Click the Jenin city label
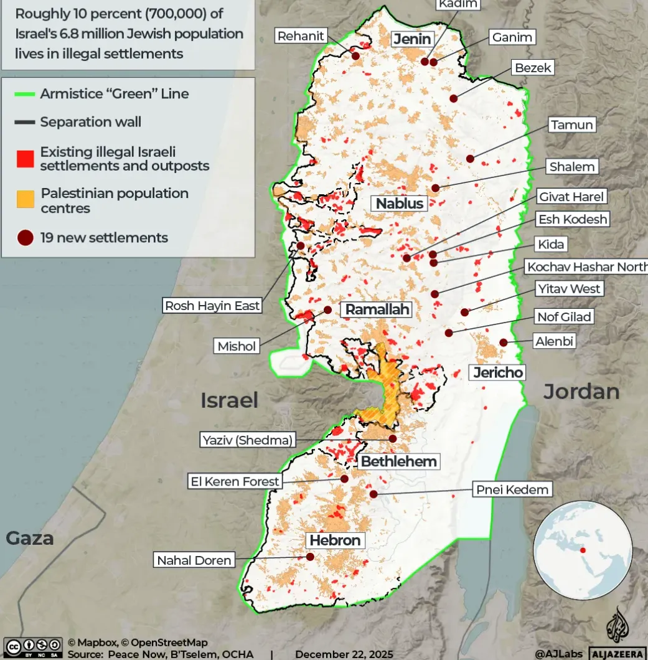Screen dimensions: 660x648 412,39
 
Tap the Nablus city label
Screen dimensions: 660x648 400,203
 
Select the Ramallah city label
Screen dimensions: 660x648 377,309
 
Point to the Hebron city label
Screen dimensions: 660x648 335,540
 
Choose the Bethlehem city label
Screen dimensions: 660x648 399,462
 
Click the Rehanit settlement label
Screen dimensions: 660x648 301,36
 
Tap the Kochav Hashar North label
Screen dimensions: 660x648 586,267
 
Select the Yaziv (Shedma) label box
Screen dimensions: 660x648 247,440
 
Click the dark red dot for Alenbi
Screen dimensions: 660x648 503,342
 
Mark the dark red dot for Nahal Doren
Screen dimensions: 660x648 310,557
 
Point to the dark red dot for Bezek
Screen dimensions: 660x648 454,98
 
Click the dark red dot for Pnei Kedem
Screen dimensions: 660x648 373,494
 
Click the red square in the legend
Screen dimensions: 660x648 25,159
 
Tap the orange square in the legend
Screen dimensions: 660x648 25,199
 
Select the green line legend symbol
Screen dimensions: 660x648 25,95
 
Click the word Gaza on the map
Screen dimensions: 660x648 29,538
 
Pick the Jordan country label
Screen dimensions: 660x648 581,392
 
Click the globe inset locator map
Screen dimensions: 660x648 583,550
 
